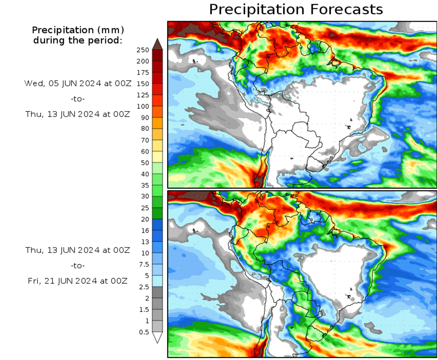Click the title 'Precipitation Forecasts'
296,9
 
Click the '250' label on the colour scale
143,50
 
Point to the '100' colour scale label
143,106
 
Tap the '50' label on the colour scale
145,163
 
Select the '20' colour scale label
145,219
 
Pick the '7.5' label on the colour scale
144,264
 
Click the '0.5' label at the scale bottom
144,332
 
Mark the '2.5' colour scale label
144,287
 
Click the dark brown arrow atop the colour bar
157,44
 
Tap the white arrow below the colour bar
157,338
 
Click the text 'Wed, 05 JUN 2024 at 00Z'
78,83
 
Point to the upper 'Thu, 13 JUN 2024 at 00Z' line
78,114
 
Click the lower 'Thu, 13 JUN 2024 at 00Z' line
78,250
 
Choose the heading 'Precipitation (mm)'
78,30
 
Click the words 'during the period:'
78,41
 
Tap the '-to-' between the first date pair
78,98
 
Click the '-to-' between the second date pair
78,266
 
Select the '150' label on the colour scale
143,84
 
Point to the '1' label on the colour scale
147,321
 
